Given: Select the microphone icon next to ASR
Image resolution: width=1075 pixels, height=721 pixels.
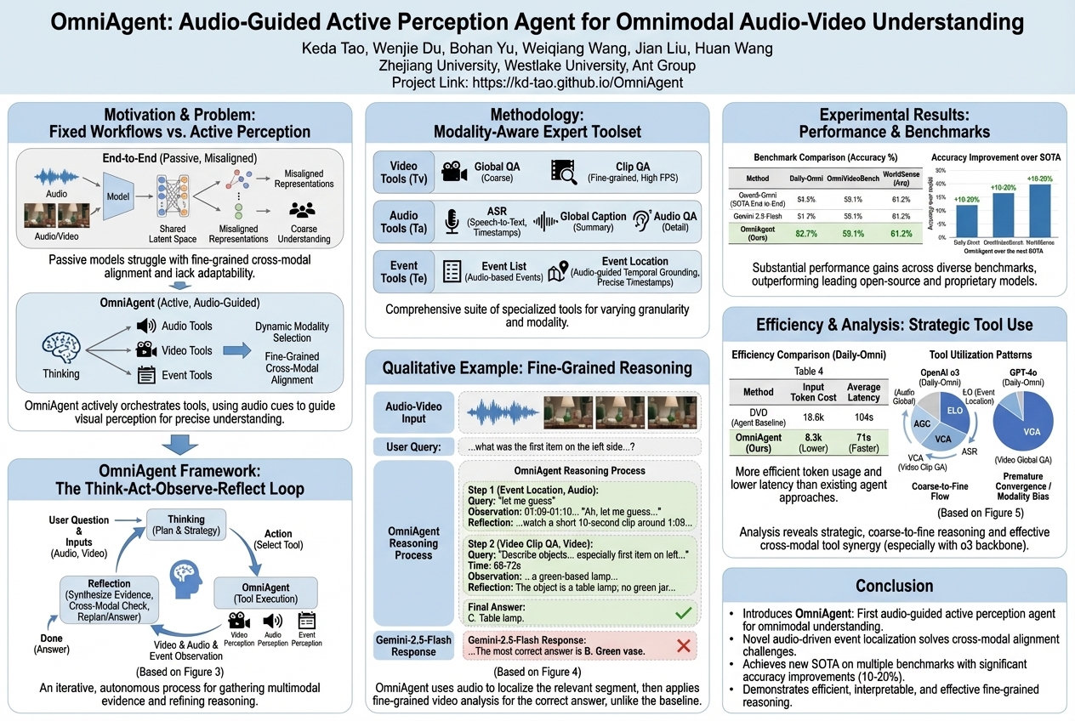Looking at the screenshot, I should click(x=452, y=223).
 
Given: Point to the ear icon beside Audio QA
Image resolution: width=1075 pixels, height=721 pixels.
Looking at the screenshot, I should click(x=642, y=222).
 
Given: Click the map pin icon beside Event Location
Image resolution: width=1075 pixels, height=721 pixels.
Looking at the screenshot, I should click(x=558, y=272).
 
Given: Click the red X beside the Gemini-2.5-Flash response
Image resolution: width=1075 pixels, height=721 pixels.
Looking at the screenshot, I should click(x=681, y=646).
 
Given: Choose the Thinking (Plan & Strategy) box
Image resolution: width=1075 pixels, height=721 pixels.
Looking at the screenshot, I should click(x=186, y=525).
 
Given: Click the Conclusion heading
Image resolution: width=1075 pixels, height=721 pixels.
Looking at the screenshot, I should click(x=895, y=585).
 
